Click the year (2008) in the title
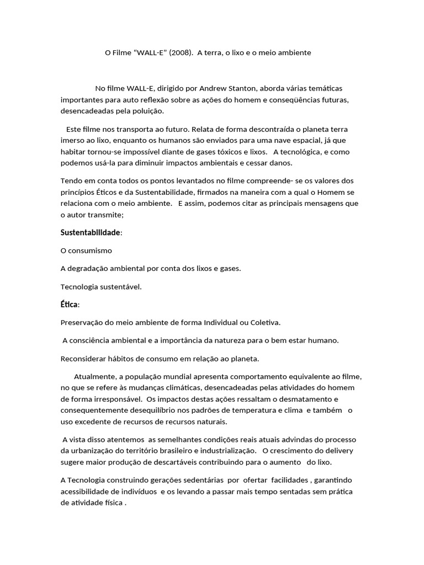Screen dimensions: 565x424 tap(181, 53)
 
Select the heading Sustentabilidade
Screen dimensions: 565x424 tap(90, 232)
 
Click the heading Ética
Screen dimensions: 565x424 tap(69, 305)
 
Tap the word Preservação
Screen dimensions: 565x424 tap(82, 322)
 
